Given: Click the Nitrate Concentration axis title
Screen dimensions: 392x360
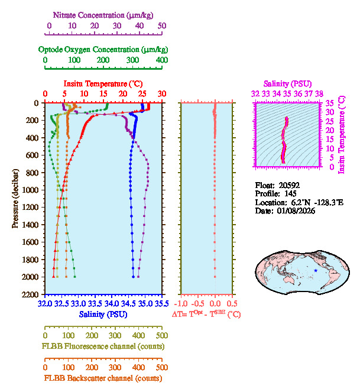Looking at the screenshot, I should (104, 13).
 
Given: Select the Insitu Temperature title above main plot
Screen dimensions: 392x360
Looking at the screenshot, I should (103, 84).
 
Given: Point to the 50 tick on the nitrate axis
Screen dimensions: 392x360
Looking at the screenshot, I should (162, 26).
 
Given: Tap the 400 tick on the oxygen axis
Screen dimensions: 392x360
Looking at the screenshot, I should (161, 60).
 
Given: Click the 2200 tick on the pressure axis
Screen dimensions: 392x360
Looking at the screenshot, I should (33, 294).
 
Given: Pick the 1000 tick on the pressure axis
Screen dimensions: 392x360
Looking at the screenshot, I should (33, 190).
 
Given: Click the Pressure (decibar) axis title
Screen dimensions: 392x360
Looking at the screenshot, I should (15, 199).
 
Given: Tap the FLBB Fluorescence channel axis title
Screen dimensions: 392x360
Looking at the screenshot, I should (103, 345).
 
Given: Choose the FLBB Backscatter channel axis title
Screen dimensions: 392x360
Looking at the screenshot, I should (103, 378).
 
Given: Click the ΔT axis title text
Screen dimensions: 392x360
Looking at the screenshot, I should (206, 315).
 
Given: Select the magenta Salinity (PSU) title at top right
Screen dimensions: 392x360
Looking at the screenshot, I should (287, 85).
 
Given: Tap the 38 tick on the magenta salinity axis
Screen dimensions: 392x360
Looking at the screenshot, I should (319, 93).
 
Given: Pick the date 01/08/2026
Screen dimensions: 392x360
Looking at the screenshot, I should (294, 210).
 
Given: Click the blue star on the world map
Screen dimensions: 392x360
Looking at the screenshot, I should (316, 270).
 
